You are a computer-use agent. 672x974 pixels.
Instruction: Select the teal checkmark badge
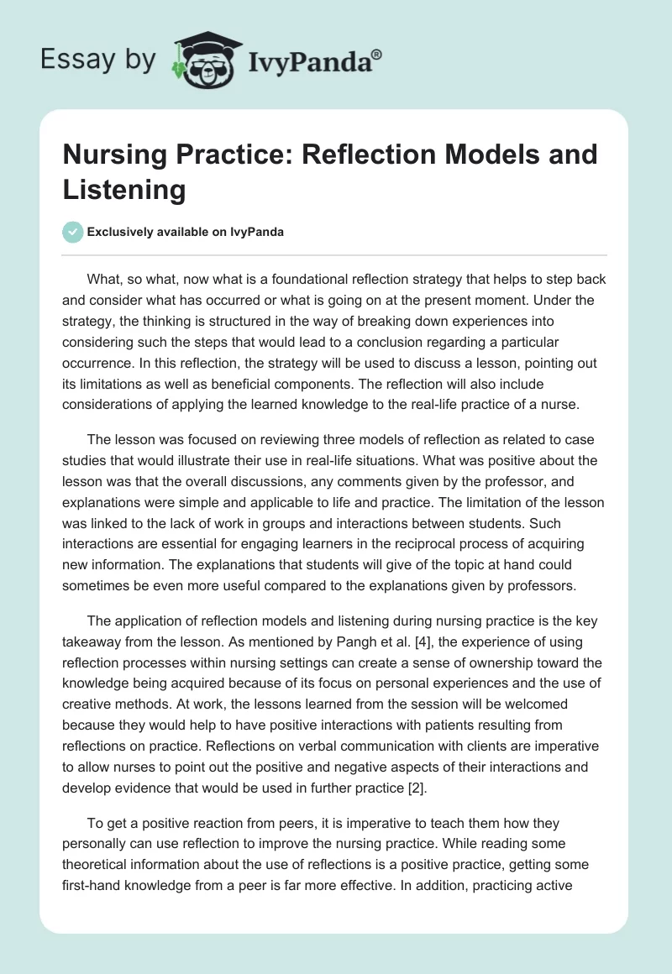coord(72,232)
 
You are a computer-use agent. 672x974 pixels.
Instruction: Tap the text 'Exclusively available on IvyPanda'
coord(185,233)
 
